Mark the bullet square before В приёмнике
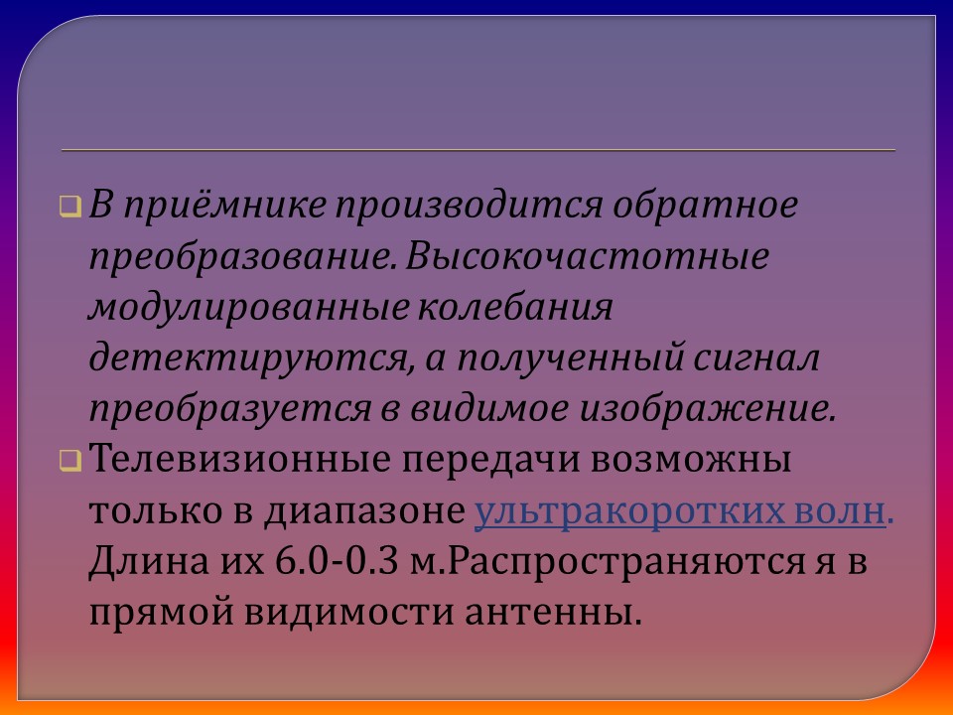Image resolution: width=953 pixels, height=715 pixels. pos(69,208)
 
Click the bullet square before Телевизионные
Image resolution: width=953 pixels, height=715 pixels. pos(69,461)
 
